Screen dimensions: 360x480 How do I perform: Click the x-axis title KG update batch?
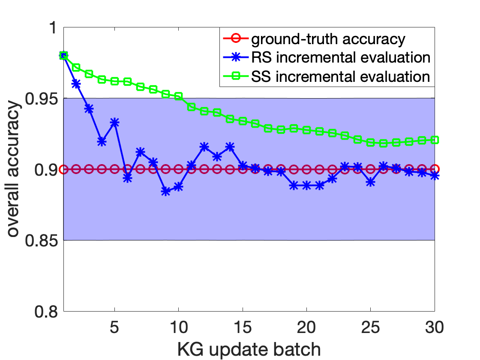[249, 349]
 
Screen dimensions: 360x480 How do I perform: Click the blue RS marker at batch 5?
[114, 123]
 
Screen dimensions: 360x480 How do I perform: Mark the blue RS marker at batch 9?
[166, 192]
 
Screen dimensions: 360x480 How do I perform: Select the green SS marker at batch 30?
[435, 140]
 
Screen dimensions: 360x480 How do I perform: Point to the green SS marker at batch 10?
[179, 96]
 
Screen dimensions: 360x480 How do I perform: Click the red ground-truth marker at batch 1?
[63, 169]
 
